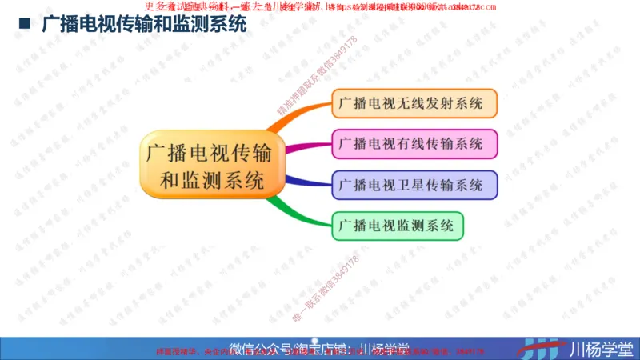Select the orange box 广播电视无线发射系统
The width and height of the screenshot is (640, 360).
point(414,104)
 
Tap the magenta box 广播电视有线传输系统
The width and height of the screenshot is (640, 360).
point(414,144)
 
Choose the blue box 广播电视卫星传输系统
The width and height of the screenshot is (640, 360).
point(414,185)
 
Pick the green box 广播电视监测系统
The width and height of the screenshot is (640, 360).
point(396,226)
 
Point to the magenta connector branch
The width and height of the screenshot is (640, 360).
point(308,146)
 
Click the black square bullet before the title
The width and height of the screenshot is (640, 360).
point(25,26)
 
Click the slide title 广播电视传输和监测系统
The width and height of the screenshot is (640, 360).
point(144,26)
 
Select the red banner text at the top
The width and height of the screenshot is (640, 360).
point(320,7)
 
